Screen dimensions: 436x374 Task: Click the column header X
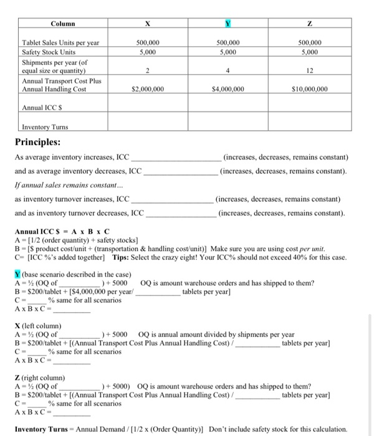coord(148,24)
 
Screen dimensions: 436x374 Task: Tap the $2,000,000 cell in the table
coord(148,89)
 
